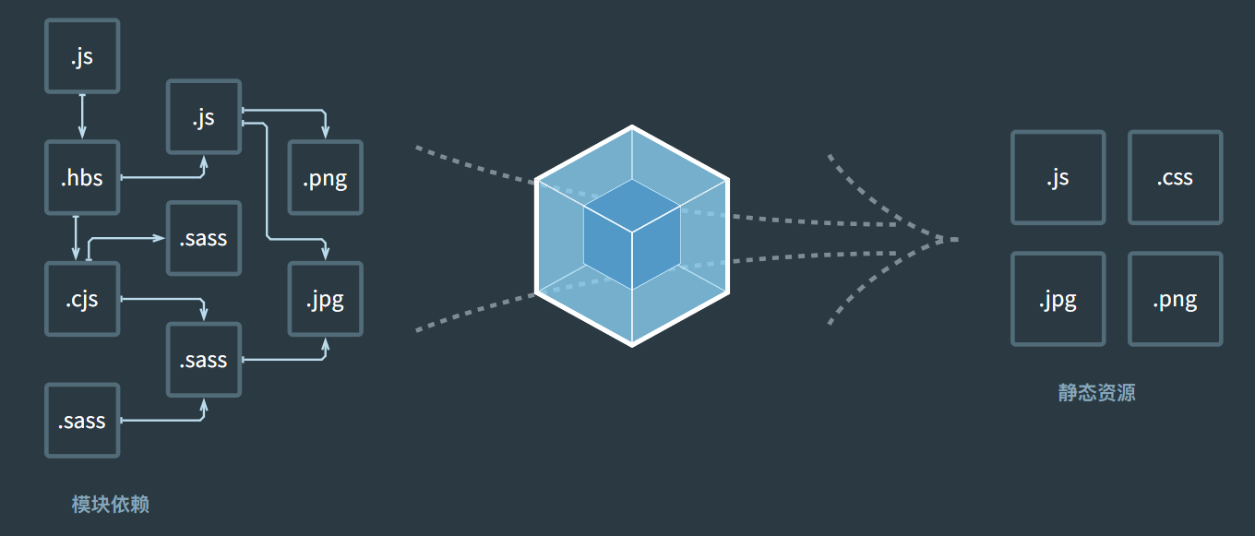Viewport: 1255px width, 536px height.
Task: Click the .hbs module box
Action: click(82, 177)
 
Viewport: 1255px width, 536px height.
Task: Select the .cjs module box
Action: click(82, 299)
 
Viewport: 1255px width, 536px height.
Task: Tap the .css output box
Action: click(1176, 177)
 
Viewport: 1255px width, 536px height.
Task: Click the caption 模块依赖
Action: click(111, 504)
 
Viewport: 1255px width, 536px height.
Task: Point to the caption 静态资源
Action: click(1097, 392)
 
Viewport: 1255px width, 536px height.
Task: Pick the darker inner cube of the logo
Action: click(632, 234)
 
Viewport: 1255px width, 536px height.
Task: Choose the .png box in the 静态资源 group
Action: click(1176, 299)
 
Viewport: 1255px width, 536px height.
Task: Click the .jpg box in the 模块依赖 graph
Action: click(326, 299)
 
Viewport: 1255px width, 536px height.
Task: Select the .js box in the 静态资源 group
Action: click(1058, 177)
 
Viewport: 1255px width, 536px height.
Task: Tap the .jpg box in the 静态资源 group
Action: click(1058, 299)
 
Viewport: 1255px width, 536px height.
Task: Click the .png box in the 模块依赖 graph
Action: click(326, 177)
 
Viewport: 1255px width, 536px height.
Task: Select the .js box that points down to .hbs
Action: click(82, 56)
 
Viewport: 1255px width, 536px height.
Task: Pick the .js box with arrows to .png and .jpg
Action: click(204, 116)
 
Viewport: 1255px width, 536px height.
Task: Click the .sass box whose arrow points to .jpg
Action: click(204, 360)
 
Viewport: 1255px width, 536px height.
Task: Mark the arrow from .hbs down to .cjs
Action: click(76, 238)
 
